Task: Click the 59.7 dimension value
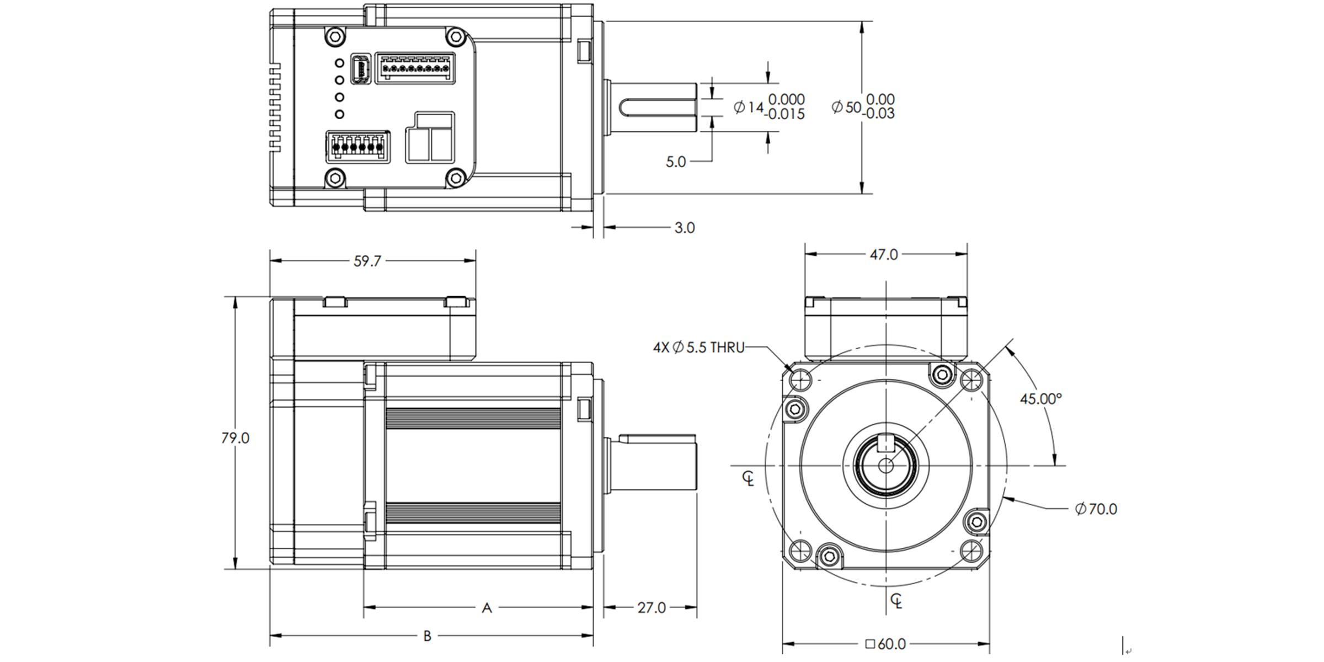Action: (x=367, y=261)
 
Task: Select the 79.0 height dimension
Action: (x=236, y=438)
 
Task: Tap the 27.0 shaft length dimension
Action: (x=652, y=607)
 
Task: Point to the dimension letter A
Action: (x=487, y=608)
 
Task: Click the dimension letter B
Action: (x=427, y=636)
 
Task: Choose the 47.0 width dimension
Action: (x=884, y=254)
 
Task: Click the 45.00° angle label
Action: (x=1040, y=399)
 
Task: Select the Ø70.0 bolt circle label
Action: (x=1096, y=509)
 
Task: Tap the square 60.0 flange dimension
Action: (x=885, y=644)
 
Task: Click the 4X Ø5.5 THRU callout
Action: (x=698, y=348)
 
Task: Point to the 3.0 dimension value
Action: (x=685, y=228)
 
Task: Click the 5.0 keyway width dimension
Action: (x=675, y=162)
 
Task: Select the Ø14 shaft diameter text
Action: (x=749, y=107)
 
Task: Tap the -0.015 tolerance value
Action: (x=786, y=115)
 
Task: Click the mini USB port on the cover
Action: (x=360, y=70)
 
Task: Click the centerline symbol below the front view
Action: (x=896, y=601)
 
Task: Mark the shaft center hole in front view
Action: (x=885, y=466)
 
